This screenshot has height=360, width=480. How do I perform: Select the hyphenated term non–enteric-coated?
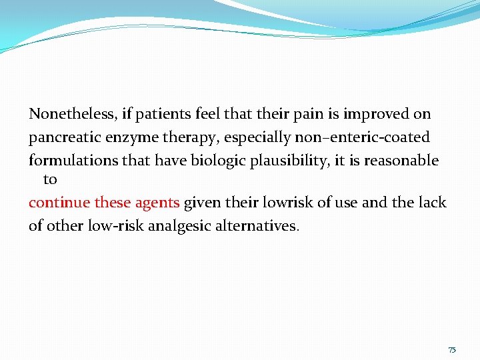click(361, 137)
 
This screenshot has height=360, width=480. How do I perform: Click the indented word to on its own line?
click(50, 179)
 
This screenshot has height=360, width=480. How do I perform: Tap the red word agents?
click(157, 203)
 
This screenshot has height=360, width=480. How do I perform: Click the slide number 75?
click(452, 350)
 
